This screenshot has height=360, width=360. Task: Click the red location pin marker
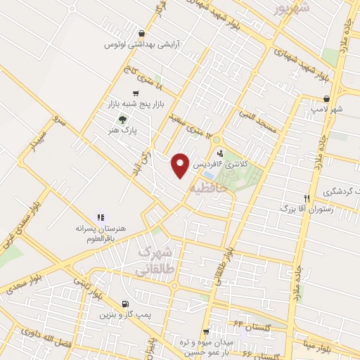point(181,165)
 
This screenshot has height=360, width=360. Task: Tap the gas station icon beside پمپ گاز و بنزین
point(125,305)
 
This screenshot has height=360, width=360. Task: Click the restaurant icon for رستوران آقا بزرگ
point(306,198)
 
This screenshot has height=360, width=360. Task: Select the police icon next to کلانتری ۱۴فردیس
point(221,153)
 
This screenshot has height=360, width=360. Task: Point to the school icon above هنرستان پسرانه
point(101,218)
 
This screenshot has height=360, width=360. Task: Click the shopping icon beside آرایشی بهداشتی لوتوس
point(142,33)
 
